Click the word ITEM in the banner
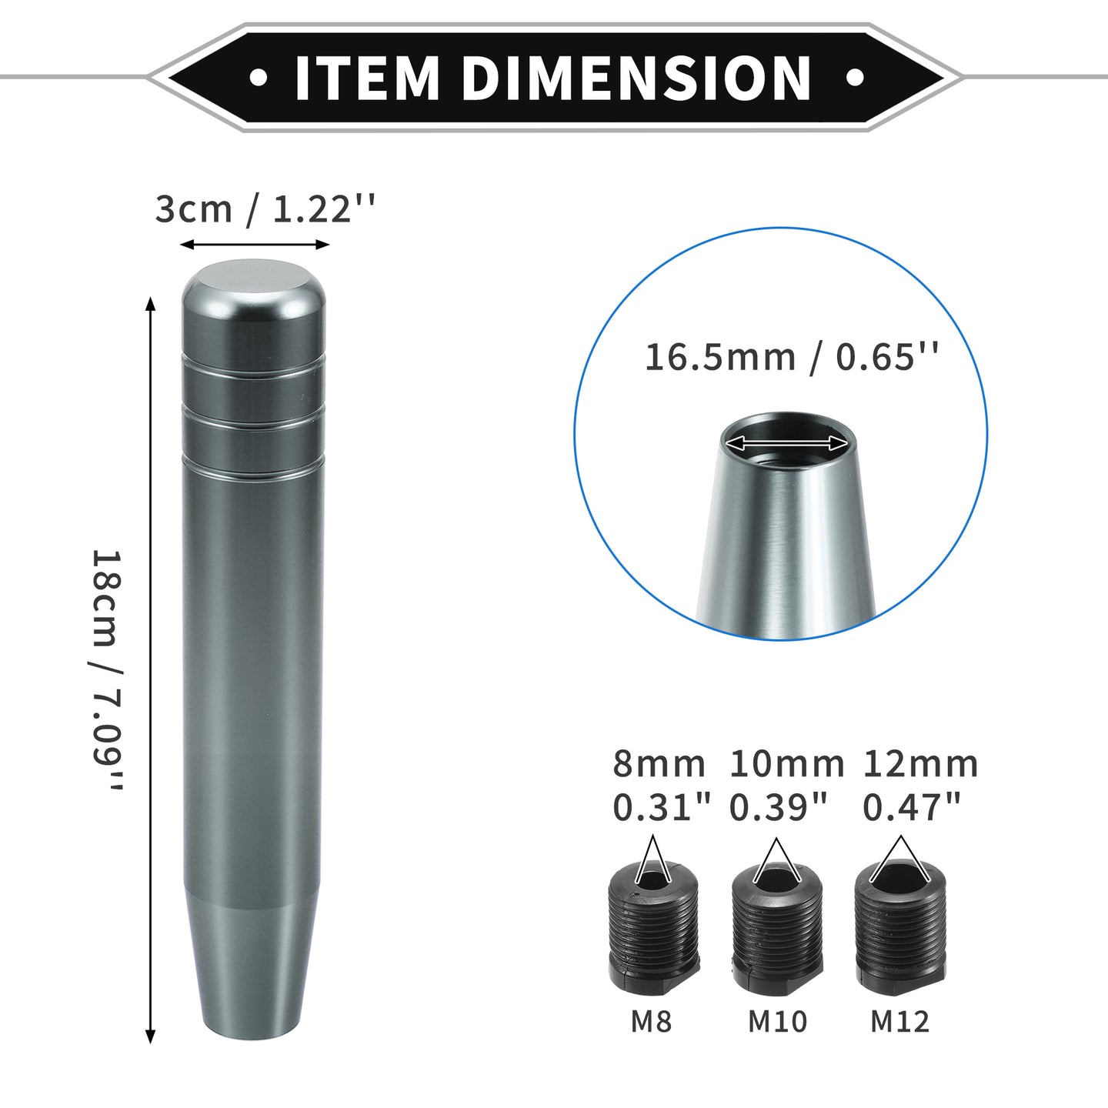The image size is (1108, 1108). (x=368, y=78)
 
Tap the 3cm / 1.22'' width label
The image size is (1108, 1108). (x=265, y=209)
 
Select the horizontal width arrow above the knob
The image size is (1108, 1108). (x=255, y=245)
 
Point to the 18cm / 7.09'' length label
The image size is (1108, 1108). (x=108, y=670)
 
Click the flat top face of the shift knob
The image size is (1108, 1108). (x=254, y=282)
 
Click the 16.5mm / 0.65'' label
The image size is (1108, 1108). (x=791, y=358)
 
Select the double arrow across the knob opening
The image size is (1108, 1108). (x=786, y=443)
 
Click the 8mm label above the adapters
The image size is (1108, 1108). (x=659, y=764)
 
